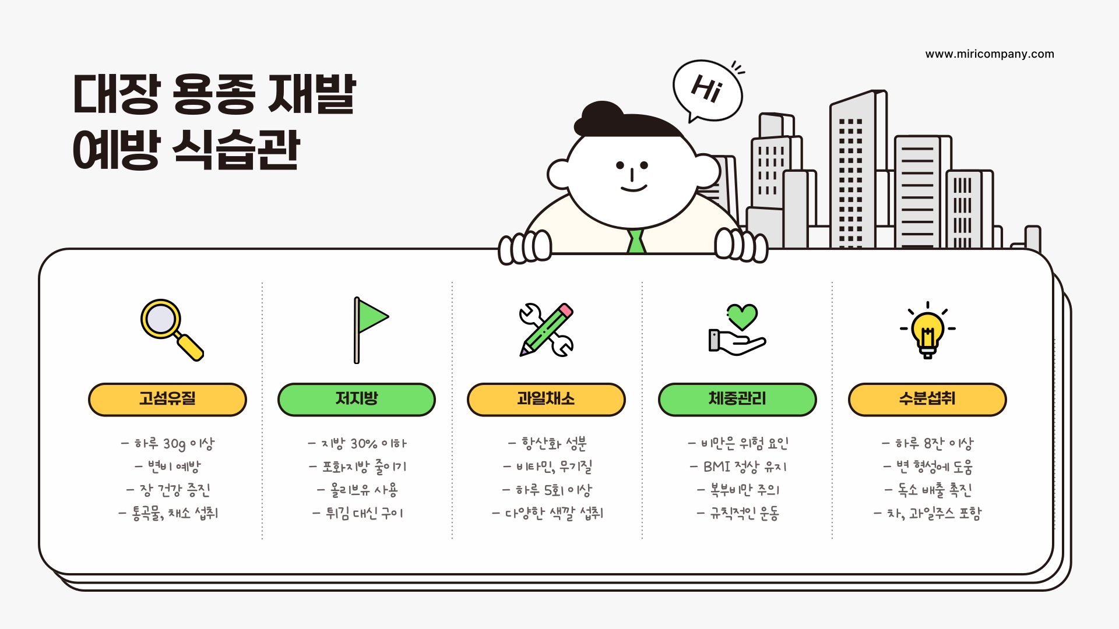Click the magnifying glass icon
click(171, 329)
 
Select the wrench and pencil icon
click(546, 329)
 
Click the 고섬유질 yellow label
click(167, 400)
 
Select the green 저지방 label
click(357, 400)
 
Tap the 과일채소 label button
click(546, 400)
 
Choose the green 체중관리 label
click(737, 400)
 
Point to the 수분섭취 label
click(927, 400)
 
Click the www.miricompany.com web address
click(990, 54)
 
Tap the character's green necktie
click(636, 241)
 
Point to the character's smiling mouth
click(634, 188)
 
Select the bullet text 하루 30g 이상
click(168, 444)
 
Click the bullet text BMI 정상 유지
click(738, 467)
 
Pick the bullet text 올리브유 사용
click(358, 490)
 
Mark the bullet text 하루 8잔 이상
click(927, 444)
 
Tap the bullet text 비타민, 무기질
click(548, 467)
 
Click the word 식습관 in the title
click(236, 150)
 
